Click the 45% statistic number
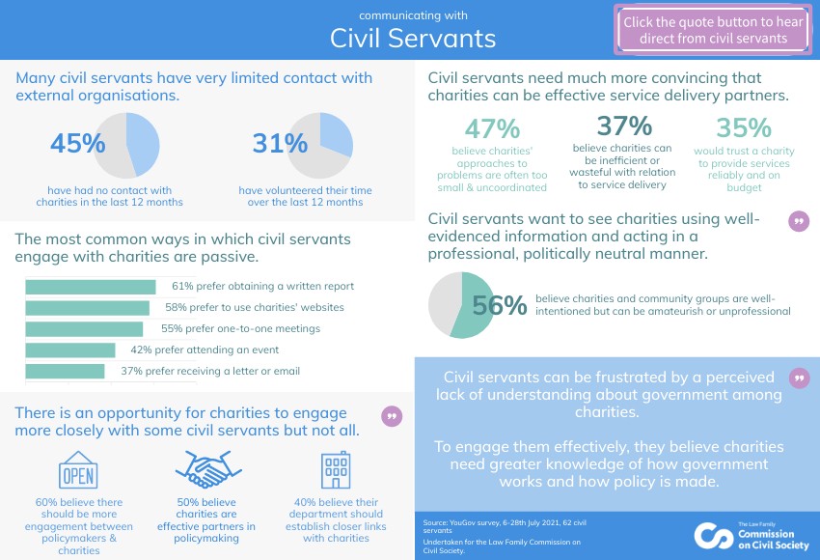[x=77, y=144]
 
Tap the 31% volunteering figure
[x=280, y=144]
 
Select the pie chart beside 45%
[x=129, y=146]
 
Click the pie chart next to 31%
[x=320, y=146]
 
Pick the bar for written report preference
[x=90, y=287]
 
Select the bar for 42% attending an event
[x=69, y=350]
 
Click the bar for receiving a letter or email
[x=65, y=372]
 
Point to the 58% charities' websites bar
[x=87, y=308]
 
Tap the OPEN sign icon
[x=78, y=471]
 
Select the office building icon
[x=335, y=470]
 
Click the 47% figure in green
[x=492, y=128]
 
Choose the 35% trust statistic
[x=744, y=128]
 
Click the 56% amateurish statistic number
[x=499, y=306]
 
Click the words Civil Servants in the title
[x=413, y=38]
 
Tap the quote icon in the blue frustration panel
[x=799, y=378]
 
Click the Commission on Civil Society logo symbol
[x=713, y=535]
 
